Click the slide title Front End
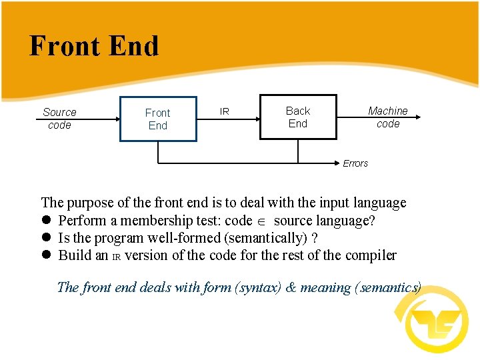[x=94, y=46]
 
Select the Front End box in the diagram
[x=158, y=119]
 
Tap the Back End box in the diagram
[x=297, y=117]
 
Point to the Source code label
[x=59, y=119]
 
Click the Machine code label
[x=388, y=117]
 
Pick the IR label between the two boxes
[x=225, y=111]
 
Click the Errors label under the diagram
[x=355, y=163]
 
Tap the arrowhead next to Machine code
[x=417, y=117]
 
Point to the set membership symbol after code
[x=263, y=221]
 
